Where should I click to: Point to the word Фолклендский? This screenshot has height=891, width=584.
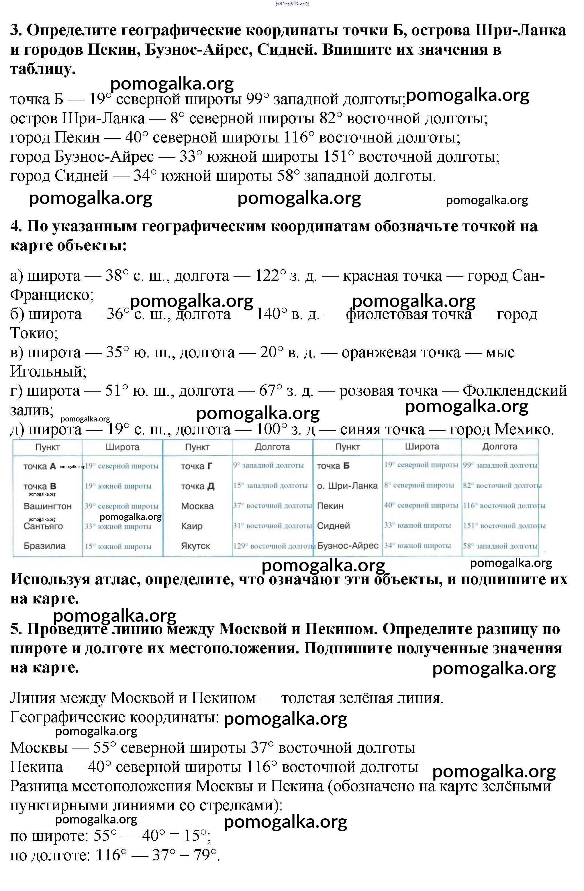(x=515, y=391)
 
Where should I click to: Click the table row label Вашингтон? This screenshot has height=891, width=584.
(x=47, y=506)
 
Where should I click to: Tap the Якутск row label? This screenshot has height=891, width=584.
(x=195, y=546)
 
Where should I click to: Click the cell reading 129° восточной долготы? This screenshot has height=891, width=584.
(x=273, y=546)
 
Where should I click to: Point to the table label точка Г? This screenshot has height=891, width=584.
(x=196, y=466)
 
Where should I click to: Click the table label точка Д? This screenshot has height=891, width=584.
(x=197, y=486)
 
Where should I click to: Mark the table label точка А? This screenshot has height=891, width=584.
(x=39, y=466)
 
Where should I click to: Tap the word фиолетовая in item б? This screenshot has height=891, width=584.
(x=408, y=314)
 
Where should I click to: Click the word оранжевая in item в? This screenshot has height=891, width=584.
(x=401, y=352)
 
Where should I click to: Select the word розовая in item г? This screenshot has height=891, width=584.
(x=388, y=391)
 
